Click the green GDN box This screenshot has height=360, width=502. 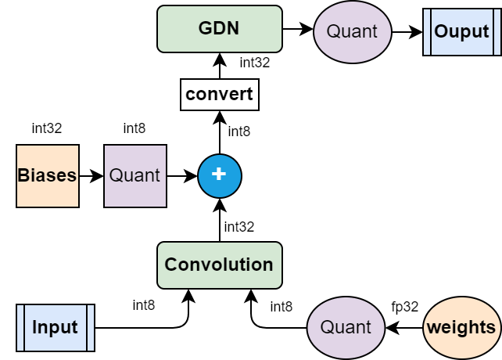tap(219, 29)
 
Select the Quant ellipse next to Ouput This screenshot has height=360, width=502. tap(352, 32)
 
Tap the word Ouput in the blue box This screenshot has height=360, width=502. tap(461, 32)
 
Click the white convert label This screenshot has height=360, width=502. tap(219, 95)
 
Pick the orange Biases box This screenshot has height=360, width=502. tap(48, 175)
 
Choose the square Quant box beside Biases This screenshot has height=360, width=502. tap(135, 175)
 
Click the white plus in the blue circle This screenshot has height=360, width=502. tap(220, 175)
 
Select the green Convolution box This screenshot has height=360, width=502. tap(219, 265)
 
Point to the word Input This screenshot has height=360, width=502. tap(55, 327)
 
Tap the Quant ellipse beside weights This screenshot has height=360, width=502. tap(346, 327)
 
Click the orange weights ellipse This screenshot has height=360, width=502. tap(461, 327)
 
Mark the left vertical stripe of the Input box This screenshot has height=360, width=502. tap(21, 327)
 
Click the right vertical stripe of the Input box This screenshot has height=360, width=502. tap(90, 327)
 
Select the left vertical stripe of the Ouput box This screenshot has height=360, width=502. tap(428, 32)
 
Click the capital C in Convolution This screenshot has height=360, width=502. tap(170, 265)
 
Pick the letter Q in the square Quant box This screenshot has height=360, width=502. tap(115, 175)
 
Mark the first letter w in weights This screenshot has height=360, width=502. tap(434, 328)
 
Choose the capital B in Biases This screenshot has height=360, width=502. tap(23, 175)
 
